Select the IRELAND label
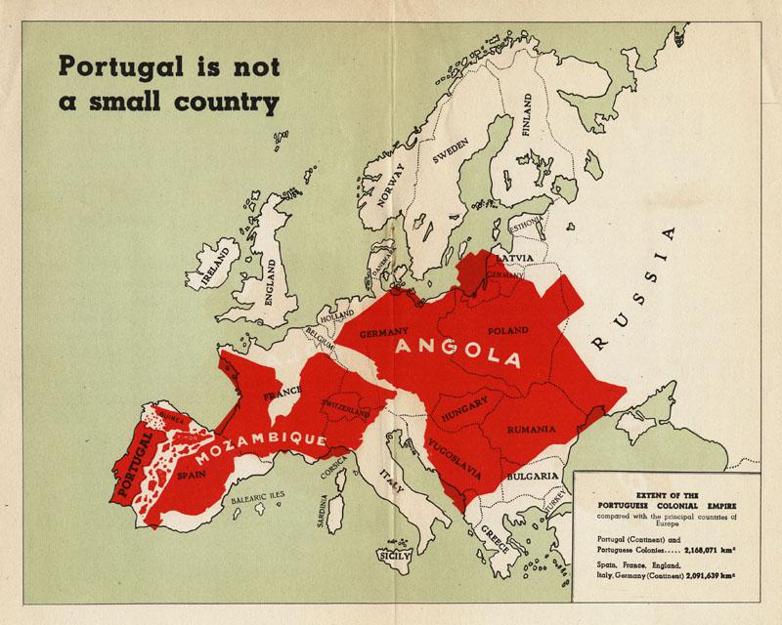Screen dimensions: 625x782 (214, 262)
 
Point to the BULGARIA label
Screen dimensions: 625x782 (533, 478)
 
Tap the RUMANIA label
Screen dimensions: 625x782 (532, 429)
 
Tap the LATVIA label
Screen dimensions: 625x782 (515, 258)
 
